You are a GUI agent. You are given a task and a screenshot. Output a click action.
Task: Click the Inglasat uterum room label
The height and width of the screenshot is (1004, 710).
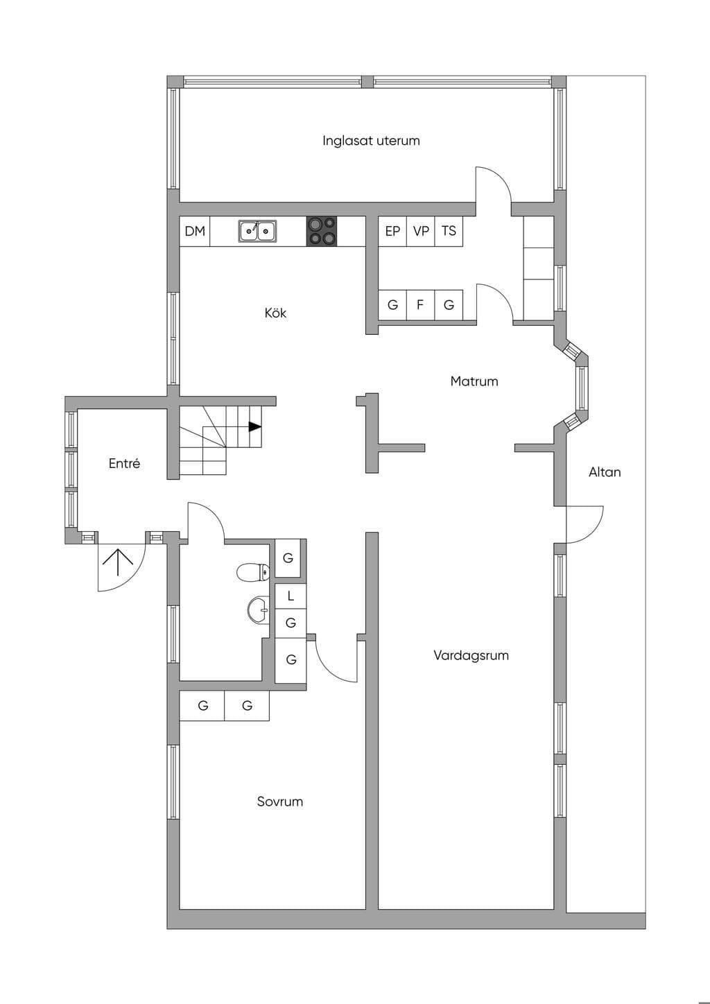371,141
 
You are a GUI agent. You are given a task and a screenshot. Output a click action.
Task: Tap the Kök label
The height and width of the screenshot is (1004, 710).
275,313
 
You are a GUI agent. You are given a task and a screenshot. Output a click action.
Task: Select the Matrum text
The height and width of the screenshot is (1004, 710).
474,381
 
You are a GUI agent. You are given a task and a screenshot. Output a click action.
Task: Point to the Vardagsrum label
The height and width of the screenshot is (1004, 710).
471,655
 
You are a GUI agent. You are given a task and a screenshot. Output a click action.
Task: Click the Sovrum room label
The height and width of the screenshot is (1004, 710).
279,802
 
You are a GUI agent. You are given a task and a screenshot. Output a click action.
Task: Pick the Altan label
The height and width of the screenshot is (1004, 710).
605,472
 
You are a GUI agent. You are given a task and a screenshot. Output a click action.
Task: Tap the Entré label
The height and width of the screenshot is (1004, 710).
124,463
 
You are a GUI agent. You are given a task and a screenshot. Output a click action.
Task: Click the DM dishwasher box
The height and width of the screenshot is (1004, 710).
195,232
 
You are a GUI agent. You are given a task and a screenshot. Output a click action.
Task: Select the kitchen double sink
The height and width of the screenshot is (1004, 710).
257,232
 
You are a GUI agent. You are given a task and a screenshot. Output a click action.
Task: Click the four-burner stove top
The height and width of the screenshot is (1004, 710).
322,232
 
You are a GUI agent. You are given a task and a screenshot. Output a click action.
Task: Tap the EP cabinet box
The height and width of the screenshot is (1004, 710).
392,232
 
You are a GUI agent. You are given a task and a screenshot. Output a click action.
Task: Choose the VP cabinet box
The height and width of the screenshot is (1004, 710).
420,232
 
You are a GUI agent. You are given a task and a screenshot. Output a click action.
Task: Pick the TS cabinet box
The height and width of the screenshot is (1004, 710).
449,232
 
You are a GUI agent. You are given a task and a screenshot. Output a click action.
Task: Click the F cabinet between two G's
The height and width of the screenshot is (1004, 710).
420,305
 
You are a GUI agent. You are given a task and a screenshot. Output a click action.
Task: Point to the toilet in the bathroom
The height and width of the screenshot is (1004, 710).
253,572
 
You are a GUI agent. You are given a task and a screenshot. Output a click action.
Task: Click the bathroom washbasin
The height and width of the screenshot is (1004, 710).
259,609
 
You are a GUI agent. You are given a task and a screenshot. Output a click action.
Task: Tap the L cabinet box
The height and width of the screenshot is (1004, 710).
291,596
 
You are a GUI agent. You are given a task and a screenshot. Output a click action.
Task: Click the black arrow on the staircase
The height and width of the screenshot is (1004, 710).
254,427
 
